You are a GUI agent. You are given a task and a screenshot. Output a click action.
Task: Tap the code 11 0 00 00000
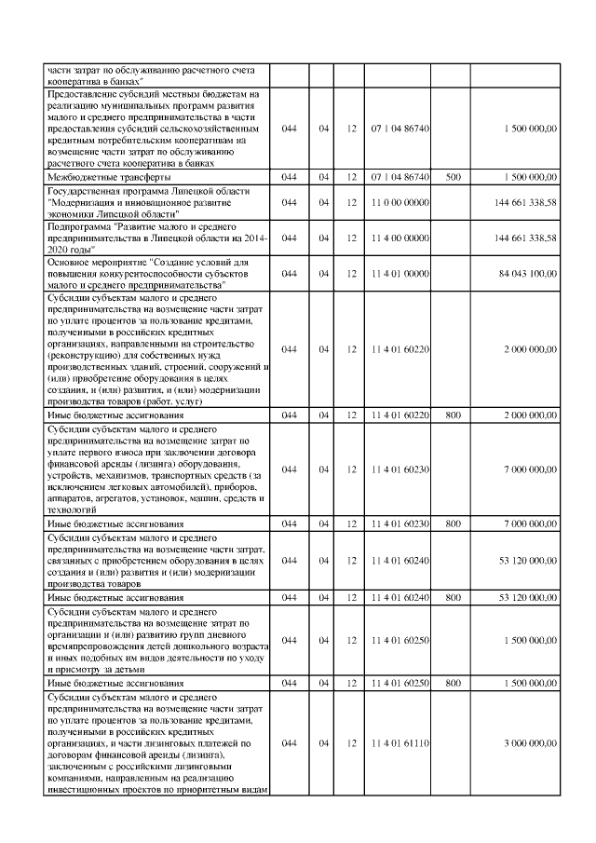399,200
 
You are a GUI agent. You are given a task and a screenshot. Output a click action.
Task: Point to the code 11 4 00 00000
399,238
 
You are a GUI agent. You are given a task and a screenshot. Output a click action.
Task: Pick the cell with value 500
453,175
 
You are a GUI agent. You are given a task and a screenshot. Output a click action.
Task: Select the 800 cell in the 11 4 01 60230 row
453,524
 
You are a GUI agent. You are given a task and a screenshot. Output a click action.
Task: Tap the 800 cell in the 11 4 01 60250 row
453,684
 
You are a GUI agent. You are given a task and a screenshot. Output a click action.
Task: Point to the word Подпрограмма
77,226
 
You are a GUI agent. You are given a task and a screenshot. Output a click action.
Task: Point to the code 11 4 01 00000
399,273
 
